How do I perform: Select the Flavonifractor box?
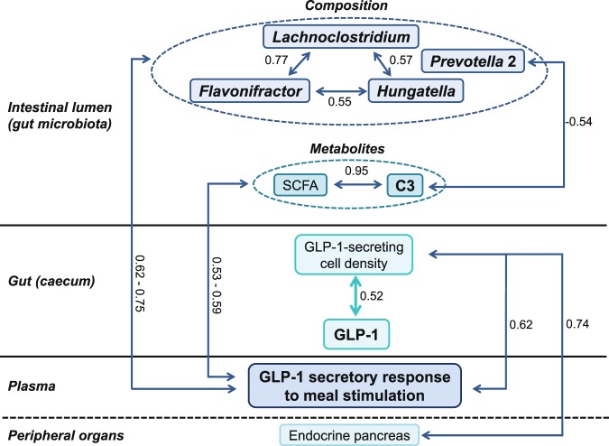coord(251,90)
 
